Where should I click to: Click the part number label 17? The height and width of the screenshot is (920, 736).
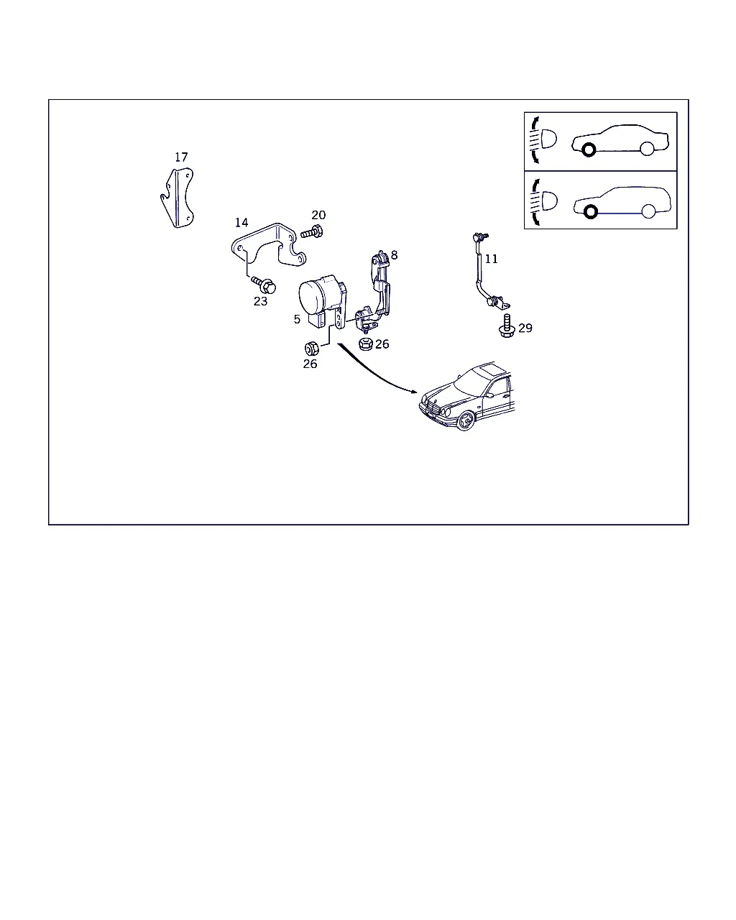(x=181, y=157)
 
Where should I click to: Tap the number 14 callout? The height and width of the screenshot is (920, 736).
(x=241, y=222)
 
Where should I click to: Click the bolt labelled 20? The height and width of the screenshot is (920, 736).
(x=312, y=232)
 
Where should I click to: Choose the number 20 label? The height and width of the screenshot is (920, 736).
(x=318, y=215)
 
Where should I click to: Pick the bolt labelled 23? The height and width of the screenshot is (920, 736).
(x=264, y=285)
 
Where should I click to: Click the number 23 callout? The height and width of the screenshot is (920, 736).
(x=260, y=301)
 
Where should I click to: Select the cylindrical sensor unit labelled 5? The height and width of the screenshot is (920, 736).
(x=323, y=301)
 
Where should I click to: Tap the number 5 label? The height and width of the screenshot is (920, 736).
(x=297, y=319)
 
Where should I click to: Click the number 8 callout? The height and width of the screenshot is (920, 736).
(x=395, y=255)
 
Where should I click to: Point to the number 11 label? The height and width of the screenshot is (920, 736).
(x=491, y=259)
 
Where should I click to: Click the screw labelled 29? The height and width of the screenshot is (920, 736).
(x=507, y=326)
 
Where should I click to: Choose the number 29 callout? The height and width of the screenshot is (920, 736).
(x=525, y=328)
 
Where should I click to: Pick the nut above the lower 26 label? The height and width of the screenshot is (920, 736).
(x=312, y=349)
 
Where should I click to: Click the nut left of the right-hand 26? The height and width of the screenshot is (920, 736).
(x=366, y=344)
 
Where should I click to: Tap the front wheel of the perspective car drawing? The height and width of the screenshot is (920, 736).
(x=465, y=420)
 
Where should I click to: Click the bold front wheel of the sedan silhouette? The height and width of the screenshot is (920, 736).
(x=589, y=149)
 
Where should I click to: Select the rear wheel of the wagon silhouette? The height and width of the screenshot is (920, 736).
(x=648, y=211)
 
